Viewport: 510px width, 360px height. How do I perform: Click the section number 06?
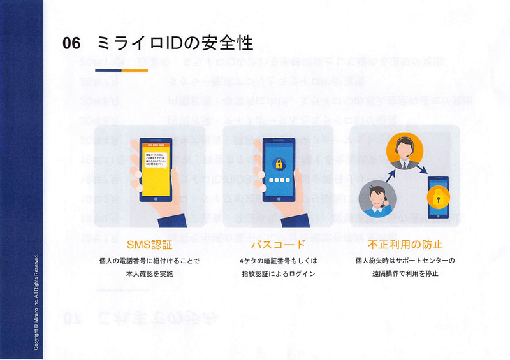pos(71,43)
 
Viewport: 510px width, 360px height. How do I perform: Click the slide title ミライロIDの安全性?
pos(175,43)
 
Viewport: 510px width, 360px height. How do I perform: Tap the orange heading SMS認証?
pos(149,245)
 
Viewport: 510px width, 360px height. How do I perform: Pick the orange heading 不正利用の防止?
pos(405,245)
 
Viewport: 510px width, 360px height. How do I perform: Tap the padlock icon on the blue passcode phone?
pos(278,164)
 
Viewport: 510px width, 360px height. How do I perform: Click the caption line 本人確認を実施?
pos(149,273)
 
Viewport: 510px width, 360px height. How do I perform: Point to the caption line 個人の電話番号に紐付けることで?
pos(149,261)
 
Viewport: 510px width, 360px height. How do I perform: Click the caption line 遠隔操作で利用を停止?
pos(405,273)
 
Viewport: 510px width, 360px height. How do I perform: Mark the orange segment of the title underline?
pos(135,70)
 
